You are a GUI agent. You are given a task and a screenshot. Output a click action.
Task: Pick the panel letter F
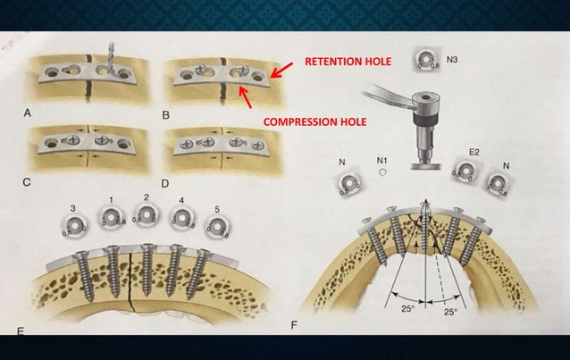click(x=294, y=323)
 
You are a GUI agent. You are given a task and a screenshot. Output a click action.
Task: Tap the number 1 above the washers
click(x=111, y=198)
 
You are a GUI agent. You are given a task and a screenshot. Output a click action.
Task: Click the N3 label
click(x=454, y=60)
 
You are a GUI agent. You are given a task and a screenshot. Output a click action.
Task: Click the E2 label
click(x=474, y=153)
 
